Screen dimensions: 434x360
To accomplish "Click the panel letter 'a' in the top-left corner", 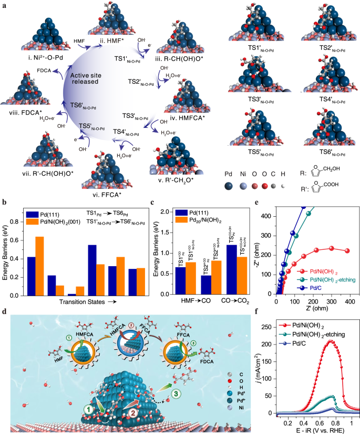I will tap(4, 5).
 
